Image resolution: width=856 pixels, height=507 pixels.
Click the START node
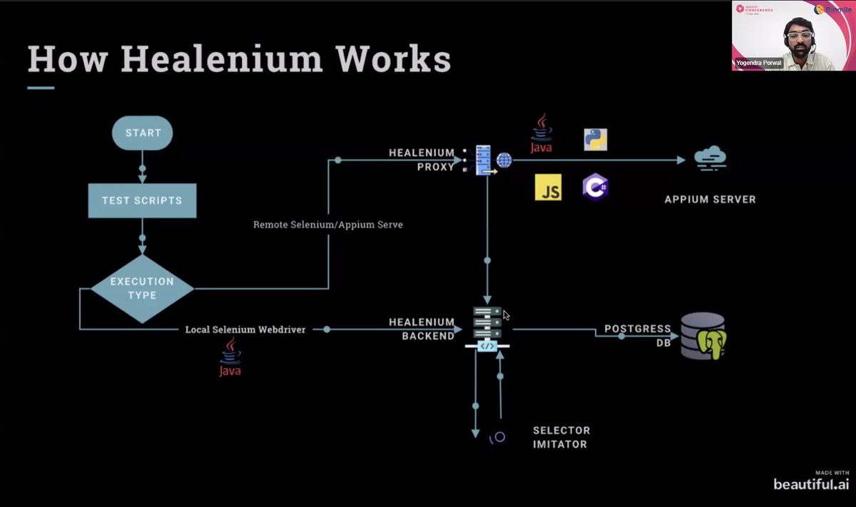coord(143,133)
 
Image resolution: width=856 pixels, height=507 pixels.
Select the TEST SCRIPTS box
coord(142,200)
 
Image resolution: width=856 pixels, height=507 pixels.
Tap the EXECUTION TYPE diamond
coord(142,289)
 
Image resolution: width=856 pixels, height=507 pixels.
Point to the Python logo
coord(595,139)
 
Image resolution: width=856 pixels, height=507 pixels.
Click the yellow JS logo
coord(548,188)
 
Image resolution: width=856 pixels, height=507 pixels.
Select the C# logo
coord(595,187)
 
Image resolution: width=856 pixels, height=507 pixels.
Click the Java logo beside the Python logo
coord(541,134)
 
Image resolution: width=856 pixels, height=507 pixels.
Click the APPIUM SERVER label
coord(710,200)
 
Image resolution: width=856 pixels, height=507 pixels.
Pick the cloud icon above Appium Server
coord(710,158)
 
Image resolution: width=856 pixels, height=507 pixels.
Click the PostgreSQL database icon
coord(703,336)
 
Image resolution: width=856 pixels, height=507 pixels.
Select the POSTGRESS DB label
coord(637,335)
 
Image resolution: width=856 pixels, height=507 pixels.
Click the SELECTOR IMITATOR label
coord(561,437)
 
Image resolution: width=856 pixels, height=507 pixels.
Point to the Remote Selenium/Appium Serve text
coord(328,225)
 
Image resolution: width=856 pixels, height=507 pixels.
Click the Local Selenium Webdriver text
coord(245,329)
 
